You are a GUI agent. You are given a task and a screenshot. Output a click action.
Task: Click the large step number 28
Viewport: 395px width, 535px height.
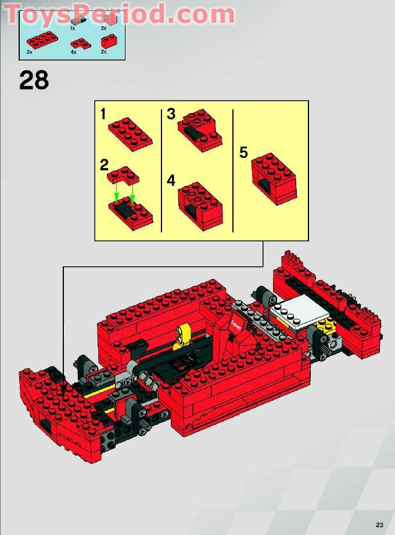(34, 80)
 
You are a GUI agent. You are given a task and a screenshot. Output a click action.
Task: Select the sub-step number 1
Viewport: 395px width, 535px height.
(103, 114)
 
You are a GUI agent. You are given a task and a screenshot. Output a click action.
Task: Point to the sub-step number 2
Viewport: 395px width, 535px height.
(104, 165)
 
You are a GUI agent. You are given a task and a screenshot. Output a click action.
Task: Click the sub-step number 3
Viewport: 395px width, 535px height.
(171, 114)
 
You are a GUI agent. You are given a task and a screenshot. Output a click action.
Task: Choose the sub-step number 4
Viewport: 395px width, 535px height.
(171, 180)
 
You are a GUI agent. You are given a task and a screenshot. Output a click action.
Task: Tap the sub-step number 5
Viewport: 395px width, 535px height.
(243, 153)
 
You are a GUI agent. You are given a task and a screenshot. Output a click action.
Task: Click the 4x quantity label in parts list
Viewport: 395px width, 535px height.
(73, 52)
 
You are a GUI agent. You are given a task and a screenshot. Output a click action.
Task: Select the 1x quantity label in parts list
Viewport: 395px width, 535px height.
(73, 27)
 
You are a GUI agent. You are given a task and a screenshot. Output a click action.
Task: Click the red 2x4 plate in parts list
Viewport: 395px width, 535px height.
(41, 40)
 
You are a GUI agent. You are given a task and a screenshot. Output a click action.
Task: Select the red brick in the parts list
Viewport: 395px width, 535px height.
(108, 41)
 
